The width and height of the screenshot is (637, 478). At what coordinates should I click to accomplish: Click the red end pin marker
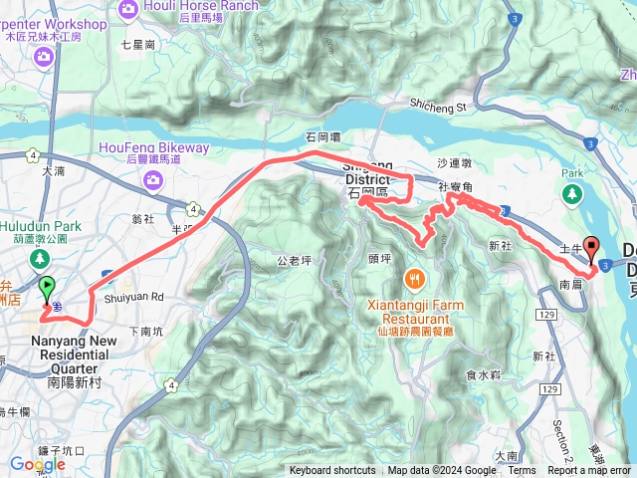[591, 249]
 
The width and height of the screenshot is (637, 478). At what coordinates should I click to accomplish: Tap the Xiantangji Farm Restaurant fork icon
[414, 277]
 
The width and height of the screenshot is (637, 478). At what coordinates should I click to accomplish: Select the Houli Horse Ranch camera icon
[128, 10]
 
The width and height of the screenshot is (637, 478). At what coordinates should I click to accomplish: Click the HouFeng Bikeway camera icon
[153, 179]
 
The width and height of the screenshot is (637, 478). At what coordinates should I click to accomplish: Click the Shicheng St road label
[438, 107]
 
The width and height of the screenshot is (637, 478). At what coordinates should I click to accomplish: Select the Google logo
[38, 464]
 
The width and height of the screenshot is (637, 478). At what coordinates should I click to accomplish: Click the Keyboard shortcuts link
[333, 471]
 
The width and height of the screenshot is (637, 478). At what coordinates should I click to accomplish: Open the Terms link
[522, 471]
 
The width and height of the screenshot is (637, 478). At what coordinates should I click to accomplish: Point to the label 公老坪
[295, 261]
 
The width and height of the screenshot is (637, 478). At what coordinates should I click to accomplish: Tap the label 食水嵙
[481, 374]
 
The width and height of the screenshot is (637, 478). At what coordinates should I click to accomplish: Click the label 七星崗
[138, 45]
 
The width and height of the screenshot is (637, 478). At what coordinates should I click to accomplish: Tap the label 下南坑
[144, 332]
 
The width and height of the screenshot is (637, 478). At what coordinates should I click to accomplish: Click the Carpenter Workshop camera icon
[43, 56]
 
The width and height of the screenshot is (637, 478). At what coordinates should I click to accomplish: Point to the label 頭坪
[379, 258]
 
